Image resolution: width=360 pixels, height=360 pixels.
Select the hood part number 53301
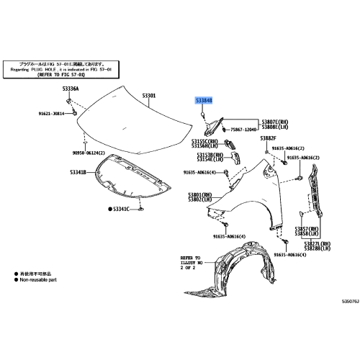149,96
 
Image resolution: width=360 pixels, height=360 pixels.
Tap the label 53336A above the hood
70,89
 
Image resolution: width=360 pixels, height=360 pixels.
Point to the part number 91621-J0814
51,113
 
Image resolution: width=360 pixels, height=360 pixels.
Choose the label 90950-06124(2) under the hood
89,153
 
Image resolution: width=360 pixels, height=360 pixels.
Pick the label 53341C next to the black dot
120,209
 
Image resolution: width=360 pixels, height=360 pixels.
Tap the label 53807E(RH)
275,122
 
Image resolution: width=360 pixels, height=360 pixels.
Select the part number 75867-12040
243,131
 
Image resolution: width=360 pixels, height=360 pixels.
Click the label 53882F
268,138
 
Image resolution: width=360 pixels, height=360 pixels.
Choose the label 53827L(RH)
317,244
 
